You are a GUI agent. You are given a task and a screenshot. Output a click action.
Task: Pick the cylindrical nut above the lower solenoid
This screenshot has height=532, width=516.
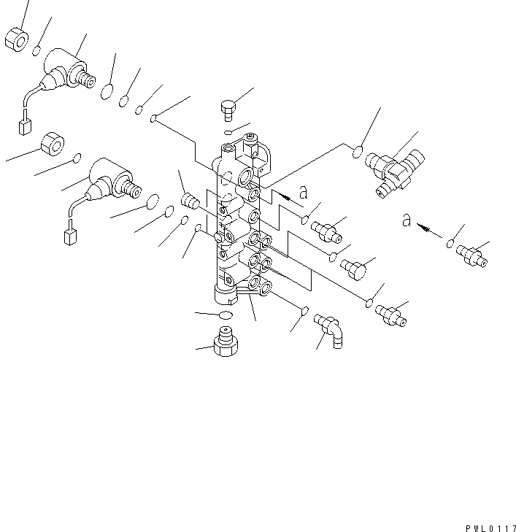tap(53, 143)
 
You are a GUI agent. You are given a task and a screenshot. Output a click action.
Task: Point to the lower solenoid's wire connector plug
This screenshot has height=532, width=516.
tap(72, 237)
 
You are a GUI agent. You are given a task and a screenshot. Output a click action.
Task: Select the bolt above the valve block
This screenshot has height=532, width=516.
tap(228, 109)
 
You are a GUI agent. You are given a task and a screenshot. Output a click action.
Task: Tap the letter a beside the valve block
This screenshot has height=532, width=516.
tap(304, 193)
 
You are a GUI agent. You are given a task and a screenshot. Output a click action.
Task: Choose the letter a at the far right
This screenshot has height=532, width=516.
tap(407, 220)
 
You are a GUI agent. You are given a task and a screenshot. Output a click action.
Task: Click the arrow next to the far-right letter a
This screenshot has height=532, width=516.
tap(431, 231)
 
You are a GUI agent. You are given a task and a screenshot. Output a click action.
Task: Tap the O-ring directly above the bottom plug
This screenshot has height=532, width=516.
tap(225, 315)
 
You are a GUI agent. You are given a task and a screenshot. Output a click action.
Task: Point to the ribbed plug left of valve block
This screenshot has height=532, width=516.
tap(190, 201)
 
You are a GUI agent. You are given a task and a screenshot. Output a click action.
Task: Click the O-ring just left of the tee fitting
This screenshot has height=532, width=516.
tap(357, 153)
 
